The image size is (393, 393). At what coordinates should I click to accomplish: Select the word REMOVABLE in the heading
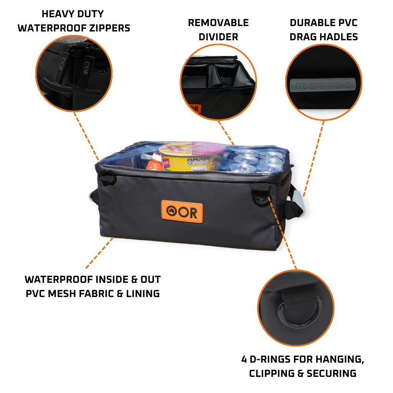pos(218,23)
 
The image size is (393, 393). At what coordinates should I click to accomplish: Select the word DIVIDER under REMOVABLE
pos(218,37)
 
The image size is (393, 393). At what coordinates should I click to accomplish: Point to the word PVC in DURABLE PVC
pos(346,23)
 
